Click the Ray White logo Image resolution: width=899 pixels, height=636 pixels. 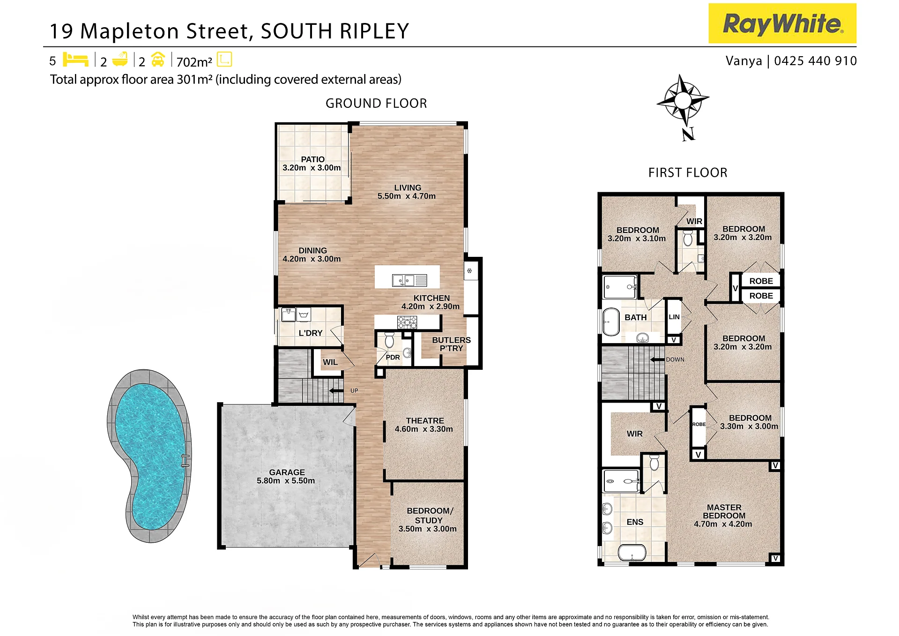(x=782, y=23)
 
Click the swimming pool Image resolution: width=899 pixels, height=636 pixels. (x=149, y=456)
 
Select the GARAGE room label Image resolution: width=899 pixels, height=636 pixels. (x=287, y=472)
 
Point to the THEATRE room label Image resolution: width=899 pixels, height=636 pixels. (x=425, y=421)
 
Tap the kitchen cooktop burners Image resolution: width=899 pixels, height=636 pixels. (x=407, y=322)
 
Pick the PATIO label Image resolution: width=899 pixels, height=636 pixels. (x=312, y=159)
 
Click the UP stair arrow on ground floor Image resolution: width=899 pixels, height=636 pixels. (x=336, y=391)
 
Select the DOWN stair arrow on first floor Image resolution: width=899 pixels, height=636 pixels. (x=657, y=360)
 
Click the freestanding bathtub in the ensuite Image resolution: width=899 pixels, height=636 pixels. (x=632, y=553)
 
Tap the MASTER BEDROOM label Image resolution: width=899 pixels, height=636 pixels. (x=724, y=511)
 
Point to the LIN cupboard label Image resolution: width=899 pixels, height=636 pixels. (x=674, y=317)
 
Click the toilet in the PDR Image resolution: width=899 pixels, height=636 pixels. (x=389, y=340)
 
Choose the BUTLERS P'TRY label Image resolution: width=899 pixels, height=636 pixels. (x=451, y=344)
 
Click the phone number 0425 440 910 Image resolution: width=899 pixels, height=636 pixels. (x=815, y=61)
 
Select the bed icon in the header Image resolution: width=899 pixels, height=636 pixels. (x=75, y=60)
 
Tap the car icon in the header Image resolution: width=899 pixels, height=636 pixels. (x=158, y=59)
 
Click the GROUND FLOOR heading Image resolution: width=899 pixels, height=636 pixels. (x=376, y=104)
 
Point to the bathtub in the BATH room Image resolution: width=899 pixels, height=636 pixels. (x=611, y=322)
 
